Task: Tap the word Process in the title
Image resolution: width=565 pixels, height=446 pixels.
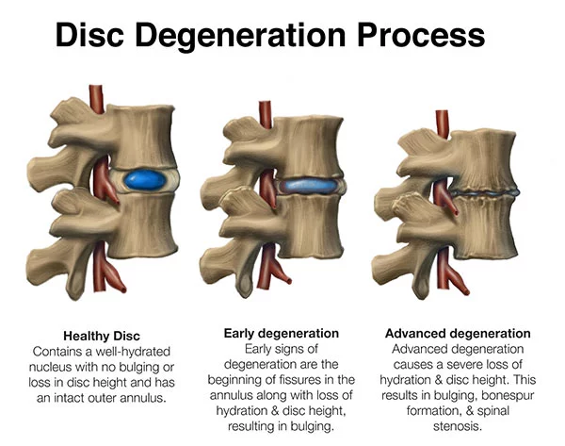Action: click(421, 34)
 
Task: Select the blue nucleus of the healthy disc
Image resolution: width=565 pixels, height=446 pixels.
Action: click(145, 180)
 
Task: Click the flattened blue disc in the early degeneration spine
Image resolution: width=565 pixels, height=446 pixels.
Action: click(307, 185)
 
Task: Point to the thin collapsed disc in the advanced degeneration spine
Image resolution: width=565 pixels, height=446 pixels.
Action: click(484, 192)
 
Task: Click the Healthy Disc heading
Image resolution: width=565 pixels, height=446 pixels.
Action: click(102, 336)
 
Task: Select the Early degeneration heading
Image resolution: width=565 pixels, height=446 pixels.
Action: click(282, 334)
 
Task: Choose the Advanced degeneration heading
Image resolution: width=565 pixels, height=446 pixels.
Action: click(458, 334)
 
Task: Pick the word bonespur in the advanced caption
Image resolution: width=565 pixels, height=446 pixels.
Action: click(508, 395)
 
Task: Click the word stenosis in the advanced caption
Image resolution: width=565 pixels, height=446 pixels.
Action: click(458, 426)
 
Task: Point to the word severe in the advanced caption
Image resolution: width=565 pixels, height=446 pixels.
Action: click(462, 365)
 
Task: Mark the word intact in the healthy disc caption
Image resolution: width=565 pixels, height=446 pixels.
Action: click(69, 398)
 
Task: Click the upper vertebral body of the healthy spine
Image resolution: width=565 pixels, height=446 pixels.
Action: click(143, 136)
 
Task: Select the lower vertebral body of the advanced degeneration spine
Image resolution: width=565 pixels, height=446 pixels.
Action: click(485, 227)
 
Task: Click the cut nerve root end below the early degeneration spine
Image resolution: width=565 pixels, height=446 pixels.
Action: click(288, 280)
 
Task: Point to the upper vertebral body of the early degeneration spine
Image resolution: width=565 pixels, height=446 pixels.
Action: click(311, 147)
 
